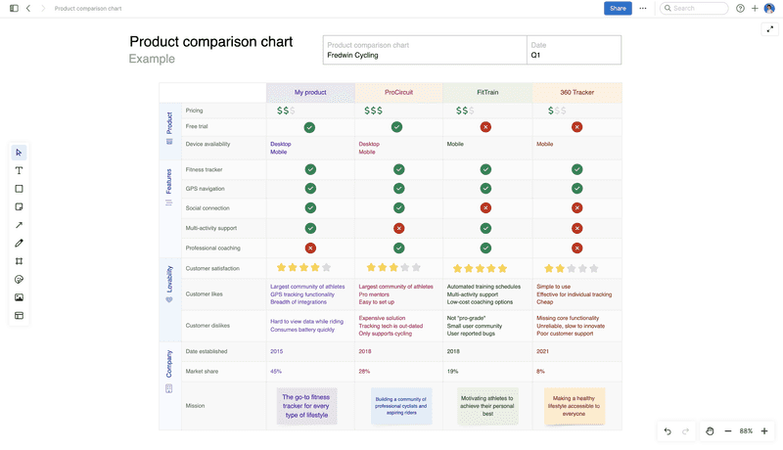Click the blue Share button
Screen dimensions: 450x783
point(618,8)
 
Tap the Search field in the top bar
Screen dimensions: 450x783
point(695,8)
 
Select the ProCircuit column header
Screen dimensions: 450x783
point(398,92)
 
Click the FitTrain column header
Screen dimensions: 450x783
point(487,92)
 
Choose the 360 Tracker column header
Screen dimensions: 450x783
point(576,92)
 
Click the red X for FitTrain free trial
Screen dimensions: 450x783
point(485,127)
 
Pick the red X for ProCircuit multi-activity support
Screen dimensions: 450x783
point(398,228)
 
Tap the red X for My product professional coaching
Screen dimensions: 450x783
point(310,248)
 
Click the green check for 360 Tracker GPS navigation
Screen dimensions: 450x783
point(576,188)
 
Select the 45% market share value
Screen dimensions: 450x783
point(276,372)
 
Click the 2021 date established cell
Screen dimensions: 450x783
point(543,351)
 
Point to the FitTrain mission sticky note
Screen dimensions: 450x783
point(487,406)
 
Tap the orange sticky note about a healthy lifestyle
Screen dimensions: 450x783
point(575,406)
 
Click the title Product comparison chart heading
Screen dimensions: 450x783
point(210,42)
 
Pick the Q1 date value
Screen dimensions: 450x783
point(535,56)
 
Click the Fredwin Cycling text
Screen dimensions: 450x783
point(352,56)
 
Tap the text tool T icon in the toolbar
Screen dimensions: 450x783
point(19,170)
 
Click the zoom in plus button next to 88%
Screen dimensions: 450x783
point(764,431)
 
